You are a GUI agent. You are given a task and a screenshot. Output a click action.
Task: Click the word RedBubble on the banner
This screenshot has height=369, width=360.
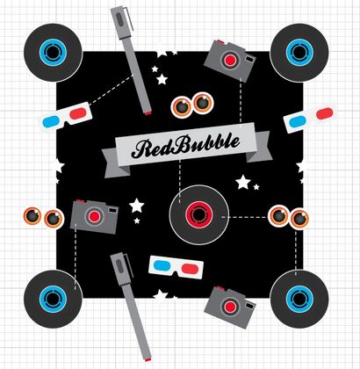[185, 145]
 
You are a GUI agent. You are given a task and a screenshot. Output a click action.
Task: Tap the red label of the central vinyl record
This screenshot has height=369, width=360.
[199, 215]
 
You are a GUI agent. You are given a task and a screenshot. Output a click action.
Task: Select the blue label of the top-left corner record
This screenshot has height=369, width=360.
[53, 53]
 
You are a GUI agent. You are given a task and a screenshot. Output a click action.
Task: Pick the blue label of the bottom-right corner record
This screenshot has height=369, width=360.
[299, 300]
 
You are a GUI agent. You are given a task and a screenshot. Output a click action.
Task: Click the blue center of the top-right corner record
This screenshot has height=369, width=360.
[299, 53]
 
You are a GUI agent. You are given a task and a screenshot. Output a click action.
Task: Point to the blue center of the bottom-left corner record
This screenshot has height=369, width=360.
[53, 300]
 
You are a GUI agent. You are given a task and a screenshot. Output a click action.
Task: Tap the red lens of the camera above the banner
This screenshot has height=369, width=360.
[230, 60]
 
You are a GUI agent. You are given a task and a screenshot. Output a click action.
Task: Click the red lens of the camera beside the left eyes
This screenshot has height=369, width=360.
[95, 216]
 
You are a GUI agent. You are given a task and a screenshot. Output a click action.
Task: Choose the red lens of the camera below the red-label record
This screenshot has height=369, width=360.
[230, 307]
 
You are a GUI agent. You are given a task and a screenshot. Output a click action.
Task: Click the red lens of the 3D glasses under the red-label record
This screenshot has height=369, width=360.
[189, 268]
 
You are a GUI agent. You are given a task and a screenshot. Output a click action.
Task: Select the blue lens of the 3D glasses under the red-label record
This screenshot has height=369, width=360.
[162, 265]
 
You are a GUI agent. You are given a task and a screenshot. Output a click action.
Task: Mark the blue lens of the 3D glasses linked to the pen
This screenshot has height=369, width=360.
[51, 121]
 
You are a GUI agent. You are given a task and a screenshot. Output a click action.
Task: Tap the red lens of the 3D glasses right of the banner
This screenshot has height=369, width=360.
[325, 113]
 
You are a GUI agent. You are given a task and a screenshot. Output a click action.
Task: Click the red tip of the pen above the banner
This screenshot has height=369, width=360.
[148, 112]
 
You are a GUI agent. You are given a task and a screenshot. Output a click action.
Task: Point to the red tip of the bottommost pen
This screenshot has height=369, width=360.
[148, 359]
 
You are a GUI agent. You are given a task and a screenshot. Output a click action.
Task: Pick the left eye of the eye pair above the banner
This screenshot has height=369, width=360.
[182, 106]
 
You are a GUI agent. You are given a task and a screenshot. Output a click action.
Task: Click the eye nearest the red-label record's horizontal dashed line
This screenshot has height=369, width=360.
[279, 216]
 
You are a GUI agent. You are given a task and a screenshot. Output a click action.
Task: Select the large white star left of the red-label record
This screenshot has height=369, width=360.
[137, 206]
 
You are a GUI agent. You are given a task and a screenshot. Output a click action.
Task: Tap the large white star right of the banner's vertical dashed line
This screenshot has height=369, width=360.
[243, 182]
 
